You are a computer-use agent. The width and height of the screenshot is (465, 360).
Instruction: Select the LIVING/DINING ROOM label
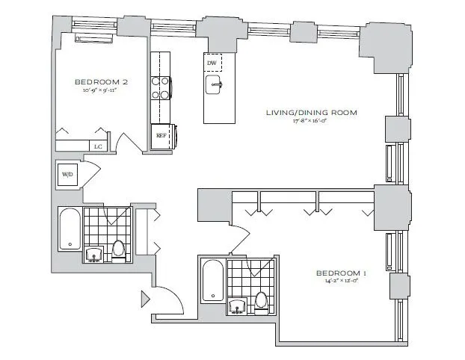point(312,112)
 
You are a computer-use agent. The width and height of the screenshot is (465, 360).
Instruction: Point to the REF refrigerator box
point(161,135)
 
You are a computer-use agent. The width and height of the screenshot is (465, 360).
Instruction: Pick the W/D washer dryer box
point(67,176)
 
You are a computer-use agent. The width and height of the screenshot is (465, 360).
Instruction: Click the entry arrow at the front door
point(145,300)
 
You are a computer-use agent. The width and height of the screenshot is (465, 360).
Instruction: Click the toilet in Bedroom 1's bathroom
point(260,301)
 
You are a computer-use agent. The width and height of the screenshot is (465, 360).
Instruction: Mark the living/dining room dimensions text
point(312,122)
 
